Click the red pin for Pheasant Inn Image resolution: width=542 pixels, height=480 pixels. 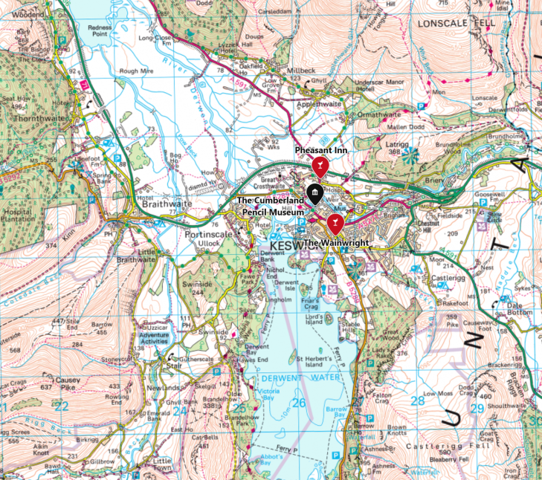coord(320,164)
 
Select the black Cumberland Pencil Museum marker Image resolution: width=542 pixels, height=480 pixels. coord(316,195)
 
